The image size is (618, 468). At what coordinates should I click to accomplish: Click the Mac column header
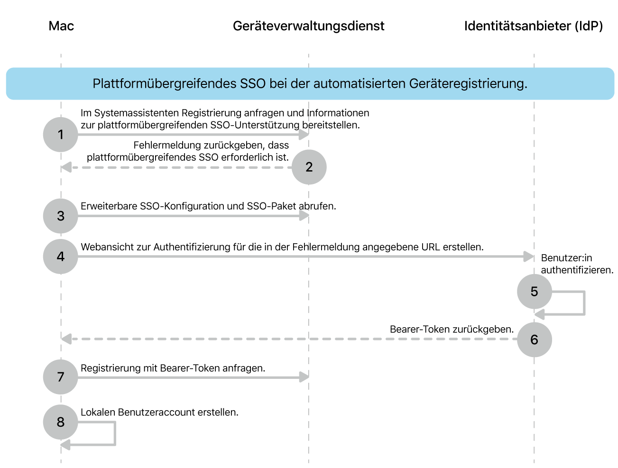point(61,26)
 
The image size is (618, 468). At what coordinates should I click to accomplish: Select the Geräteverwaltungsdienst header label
point(308,26)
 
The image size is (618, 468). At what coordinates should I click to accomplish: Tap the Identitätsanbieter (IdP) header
point(533,26)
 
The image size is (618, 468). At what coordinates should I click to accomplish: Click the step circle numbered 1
point(61,135)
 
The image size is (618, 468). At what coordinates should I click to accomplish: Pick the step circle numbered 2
point(309,167)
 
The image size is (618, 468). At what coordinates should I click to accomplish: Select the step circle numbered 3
point(61,216)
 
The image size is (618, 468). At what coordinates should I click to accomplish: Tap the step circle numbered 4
point(61,257)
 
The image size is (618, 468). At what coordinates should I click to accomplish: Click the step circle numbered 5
point(534,291)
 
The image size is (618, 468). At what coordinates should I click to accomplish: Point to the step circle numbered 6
point(534,340)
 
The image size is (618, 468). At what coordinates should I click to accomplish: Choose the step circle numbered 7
point(61,377)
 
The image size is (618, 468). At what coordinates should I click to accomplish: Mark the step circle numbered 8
point(61,422)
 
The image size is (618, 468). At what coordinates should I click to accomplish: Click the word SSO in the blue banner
point(253,84)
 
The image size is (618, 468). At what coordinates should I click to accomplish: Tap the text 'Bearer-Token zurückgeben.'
point(452,330)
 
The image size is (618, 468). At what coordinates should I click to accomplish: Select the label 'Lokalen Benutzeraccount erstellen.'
point(159,413)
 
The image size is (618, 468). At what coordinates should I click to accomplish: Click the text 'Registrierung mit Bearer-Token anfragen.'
point(173,368)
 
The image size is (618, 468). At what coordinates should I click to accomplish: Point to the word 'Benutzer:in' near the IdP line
point(566,258)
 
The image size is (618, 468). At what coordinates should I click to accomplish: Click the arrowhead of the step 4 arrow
point(528,257)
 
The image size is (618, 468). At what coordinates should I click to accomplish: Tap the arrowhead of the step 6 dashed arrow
point(66,339)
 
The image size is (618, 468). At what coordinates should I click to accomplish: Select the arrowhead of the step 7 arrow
point(304,377)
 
